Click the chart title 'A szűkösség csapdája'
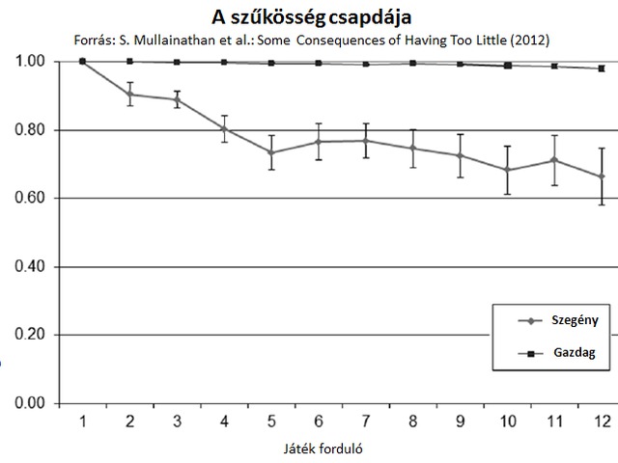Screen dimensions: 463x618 308,17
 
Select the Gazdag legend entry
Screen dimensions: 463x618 560,353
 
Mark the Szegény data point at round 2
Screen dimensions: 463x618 130,95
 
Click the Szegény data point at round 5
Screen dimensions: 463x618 271,152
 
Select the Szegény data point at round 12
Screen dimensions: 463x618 601,177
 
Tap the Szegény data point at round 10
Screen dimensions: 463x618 507,170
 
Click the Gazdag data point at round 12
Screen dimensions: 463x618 601,68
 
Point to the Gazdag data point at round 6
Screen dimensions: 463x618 319,64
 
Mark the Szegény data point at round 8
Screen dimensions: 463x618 412,149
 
